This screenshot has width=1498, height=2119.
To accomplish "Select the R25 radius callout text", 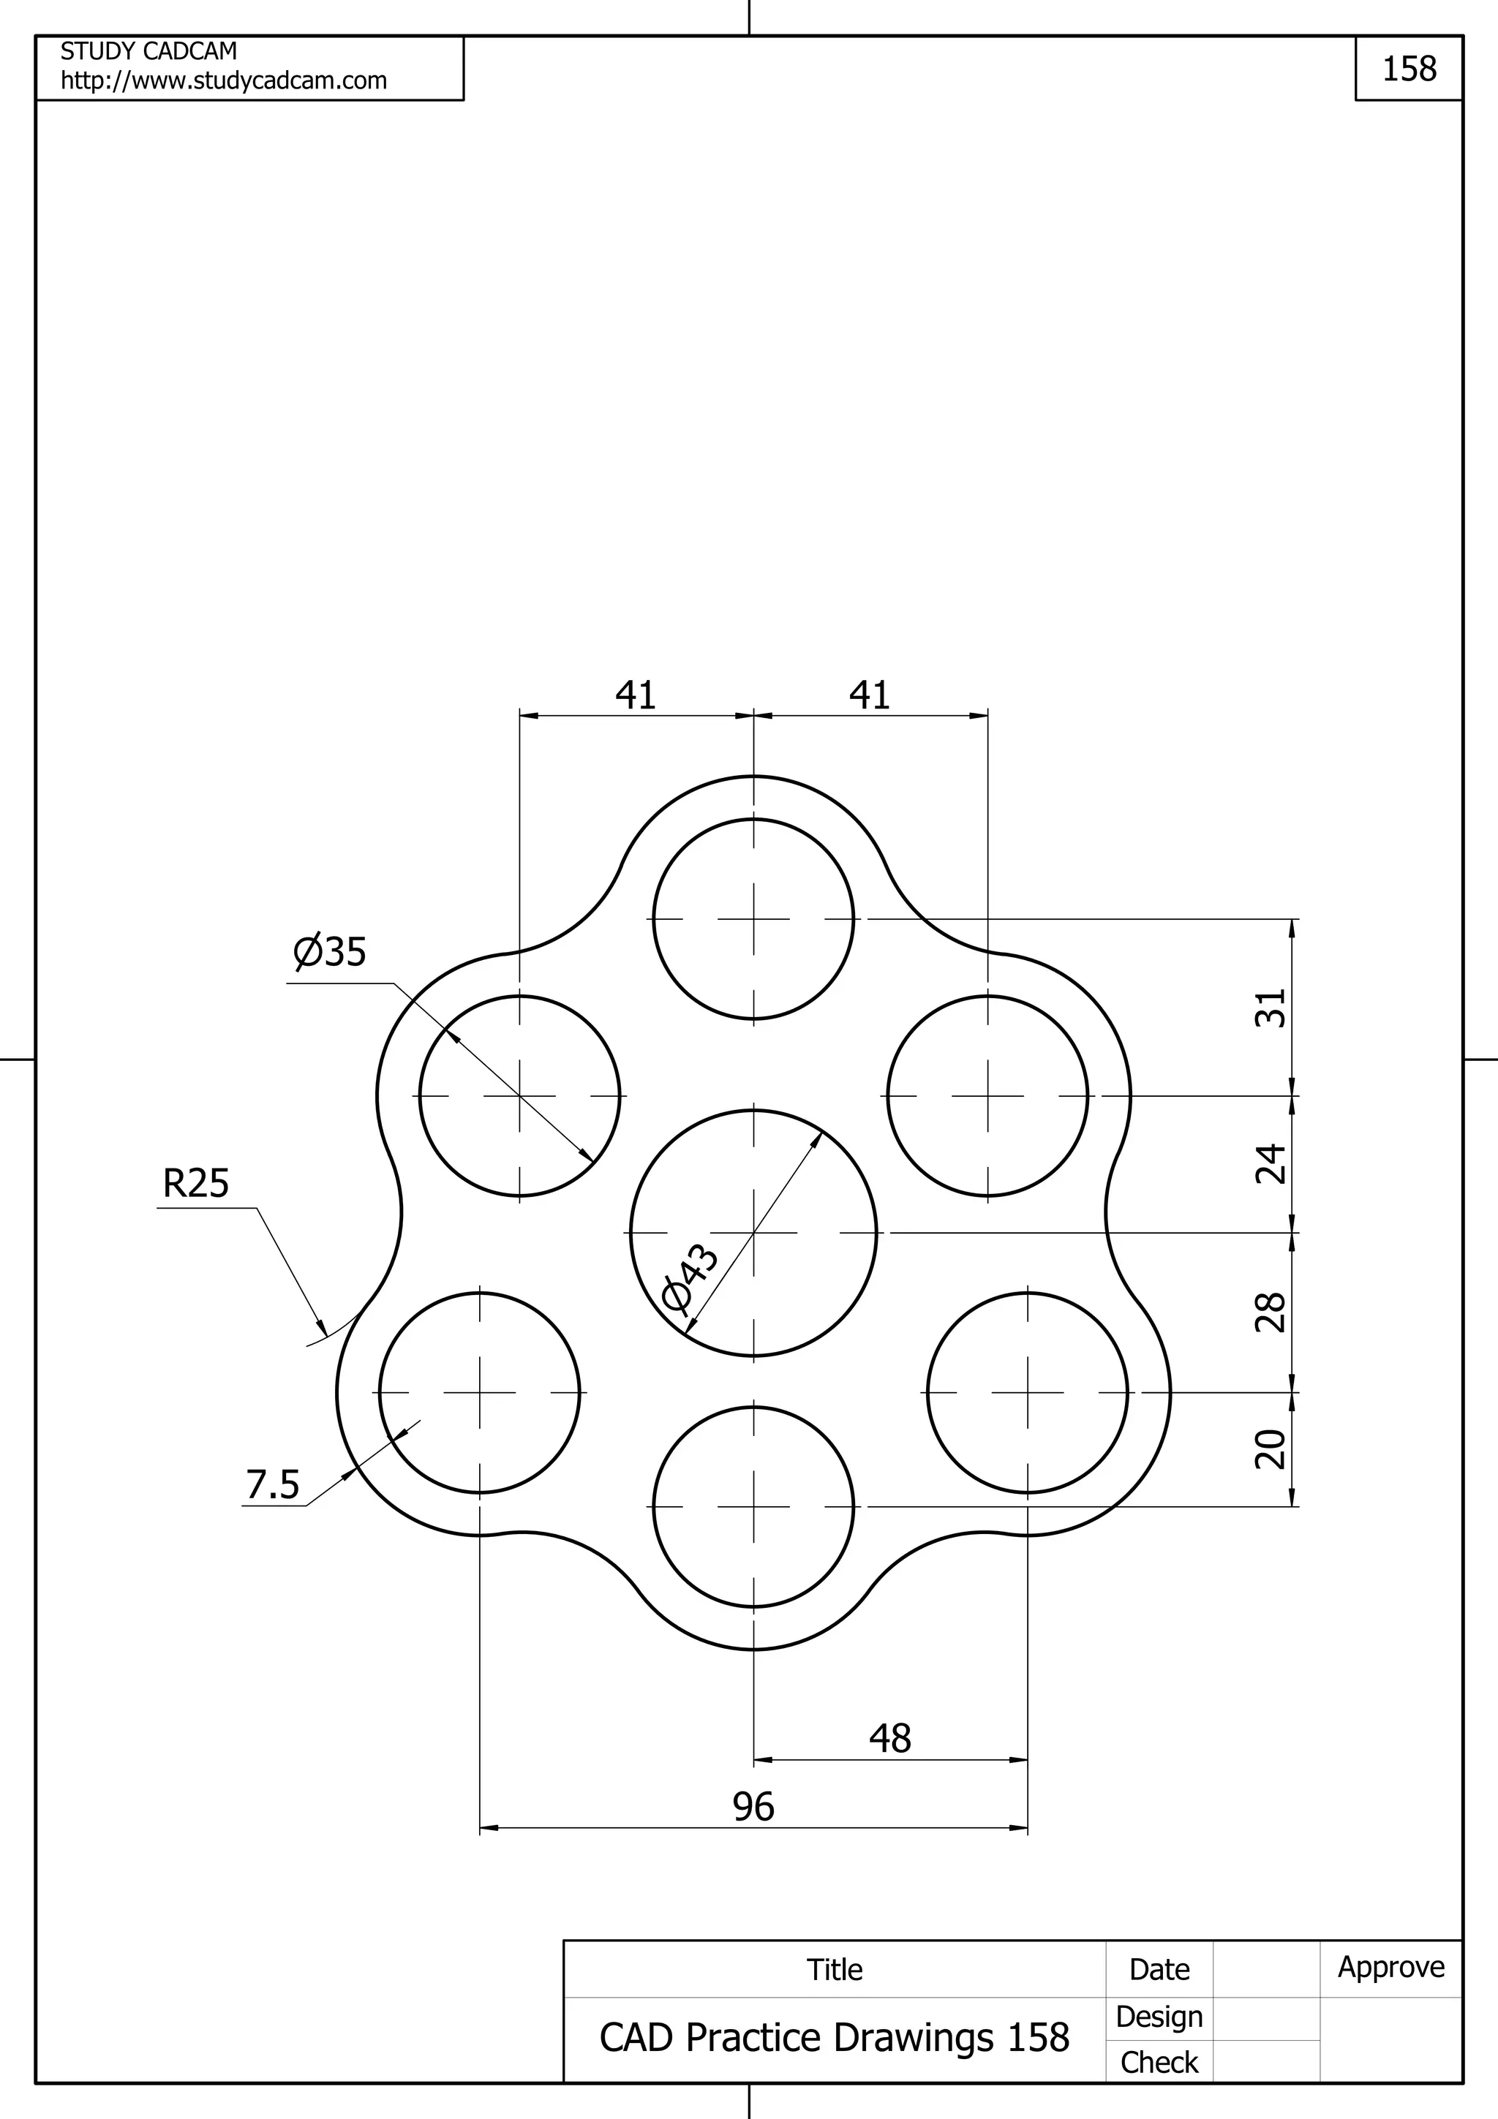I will pos(196,1183).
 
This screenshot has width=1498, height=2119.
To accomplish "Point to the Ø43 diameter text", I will pos(691,1277).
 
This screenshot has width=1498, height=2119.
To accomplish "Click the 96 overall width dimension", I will pos(753,1806).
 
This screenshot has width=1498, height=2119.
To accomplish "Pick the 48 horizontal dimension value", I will pos(889,1738).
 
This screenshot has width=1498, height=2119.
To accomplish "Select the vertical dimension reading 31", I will pos(1271,1008).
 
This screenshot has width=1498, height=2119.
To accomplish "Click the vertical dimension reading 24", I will pos(1271,1164).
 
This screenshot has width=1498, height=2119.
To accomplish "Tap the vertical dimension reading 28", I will pos(1271,1312).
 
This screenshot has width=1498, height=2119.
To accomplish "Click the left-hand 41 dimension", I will pos(636,695).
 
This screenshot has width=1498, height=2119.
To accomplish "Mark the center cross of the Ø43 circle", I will pos(754,1232).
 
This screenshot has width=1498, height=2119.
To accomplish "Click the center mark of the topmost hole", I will pos(754,919).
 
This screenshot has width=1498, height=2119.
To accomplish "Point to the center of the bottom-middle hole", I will pos(754,1507).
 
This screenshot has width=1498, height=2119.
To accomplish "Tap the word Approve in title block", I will pos(1391,1967).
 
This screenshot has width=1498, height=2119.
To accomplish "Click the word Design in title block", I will pos(1159,2017).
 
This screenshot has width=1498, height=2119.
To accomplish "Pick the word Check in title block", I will pos(1159,2062).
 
